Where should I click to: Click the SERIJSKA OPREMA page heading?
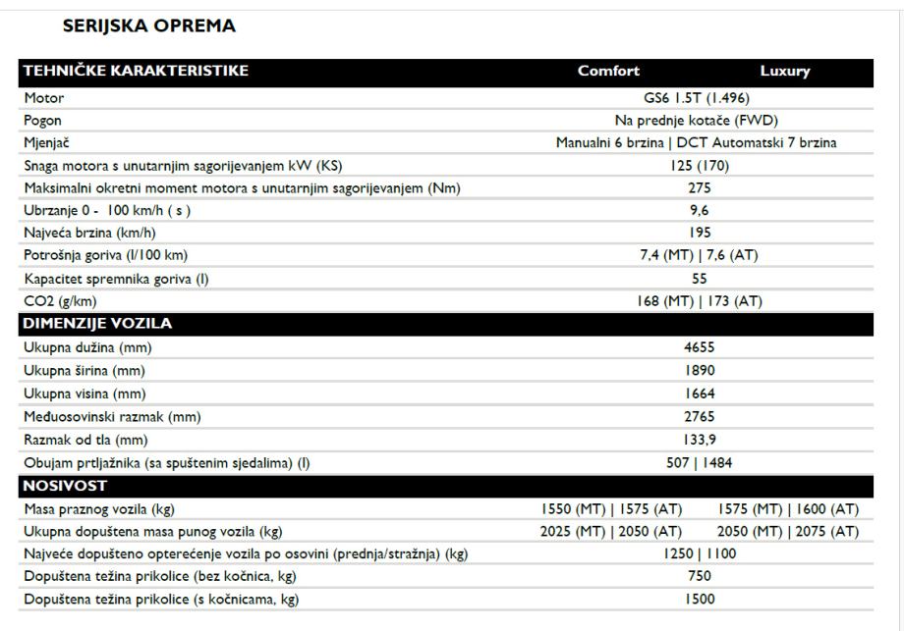[x=149, y=26]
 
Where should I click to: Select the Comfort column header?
[x=608, y=71]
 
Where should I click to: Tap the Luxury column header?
[x=784, y=71]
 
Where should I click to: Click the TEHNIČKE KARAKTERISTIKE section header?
[x=137, y=71]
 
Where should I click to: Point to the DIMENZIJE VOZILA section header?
[x=97, y=323]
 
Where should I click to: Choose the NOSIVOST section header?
[x=66, y=486]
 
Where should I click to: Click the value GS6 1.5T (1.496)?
[x=699, y=98]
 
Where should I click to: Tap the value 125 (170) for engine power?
[x=699, y=166]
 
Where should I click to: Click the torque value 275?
[x=699, y=188]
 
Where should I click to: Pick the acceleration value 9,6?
[x=699, y=210]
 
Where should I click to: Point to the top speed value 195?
[x=699, y=233]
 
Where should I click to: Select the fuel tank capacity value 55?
[x=699, y=279]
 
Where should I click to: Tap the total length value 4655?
[x=699, y=347]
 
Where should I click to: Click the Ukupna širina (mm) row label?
[x=85, y=370]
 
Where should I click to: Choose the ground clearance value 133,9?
[x=699, y=439]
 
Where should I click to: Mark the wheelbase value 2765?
[x=699, y=416]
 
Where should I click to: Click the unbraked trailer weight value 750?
[x=699, y=576]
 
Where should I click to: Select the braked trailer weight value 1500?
[x=699, y=599]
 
